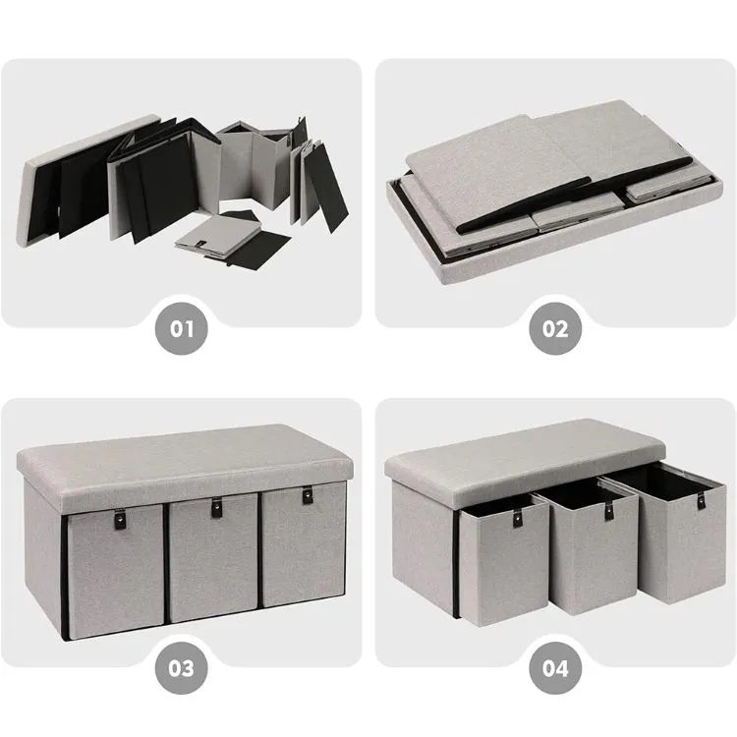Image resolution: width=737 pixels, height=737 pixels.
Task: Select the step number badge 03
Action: (x=183, y=668)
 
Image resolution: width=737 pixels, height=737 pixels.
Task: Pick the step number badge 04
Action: (x=555, y=668)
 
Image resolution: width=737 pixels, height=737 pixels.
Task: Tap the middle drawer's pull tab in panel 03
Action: (x=213, y=509)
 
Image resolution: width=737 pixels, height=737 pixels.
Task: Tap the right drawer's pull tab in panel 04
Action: (x=702, y=499)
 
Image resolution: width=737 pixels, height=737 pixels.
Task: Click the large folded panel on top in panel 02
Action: (x=550, y=147)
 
